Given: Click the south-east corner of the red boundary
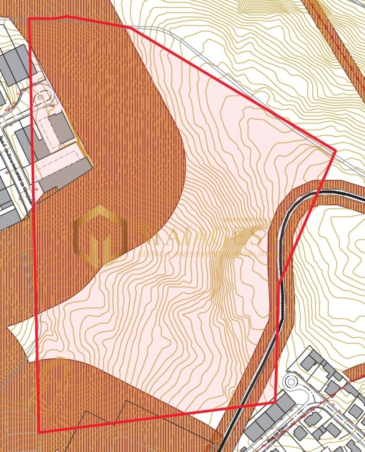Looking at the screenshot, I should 275,402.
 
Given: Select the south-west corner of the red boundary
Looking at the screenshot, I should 39,433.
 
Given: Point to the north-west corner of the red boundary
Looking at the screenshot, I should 29,19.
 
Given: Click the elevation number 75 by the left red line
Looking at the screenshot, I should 36,189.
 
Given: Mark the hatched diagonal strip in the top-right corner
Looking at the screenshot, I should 341,41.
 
